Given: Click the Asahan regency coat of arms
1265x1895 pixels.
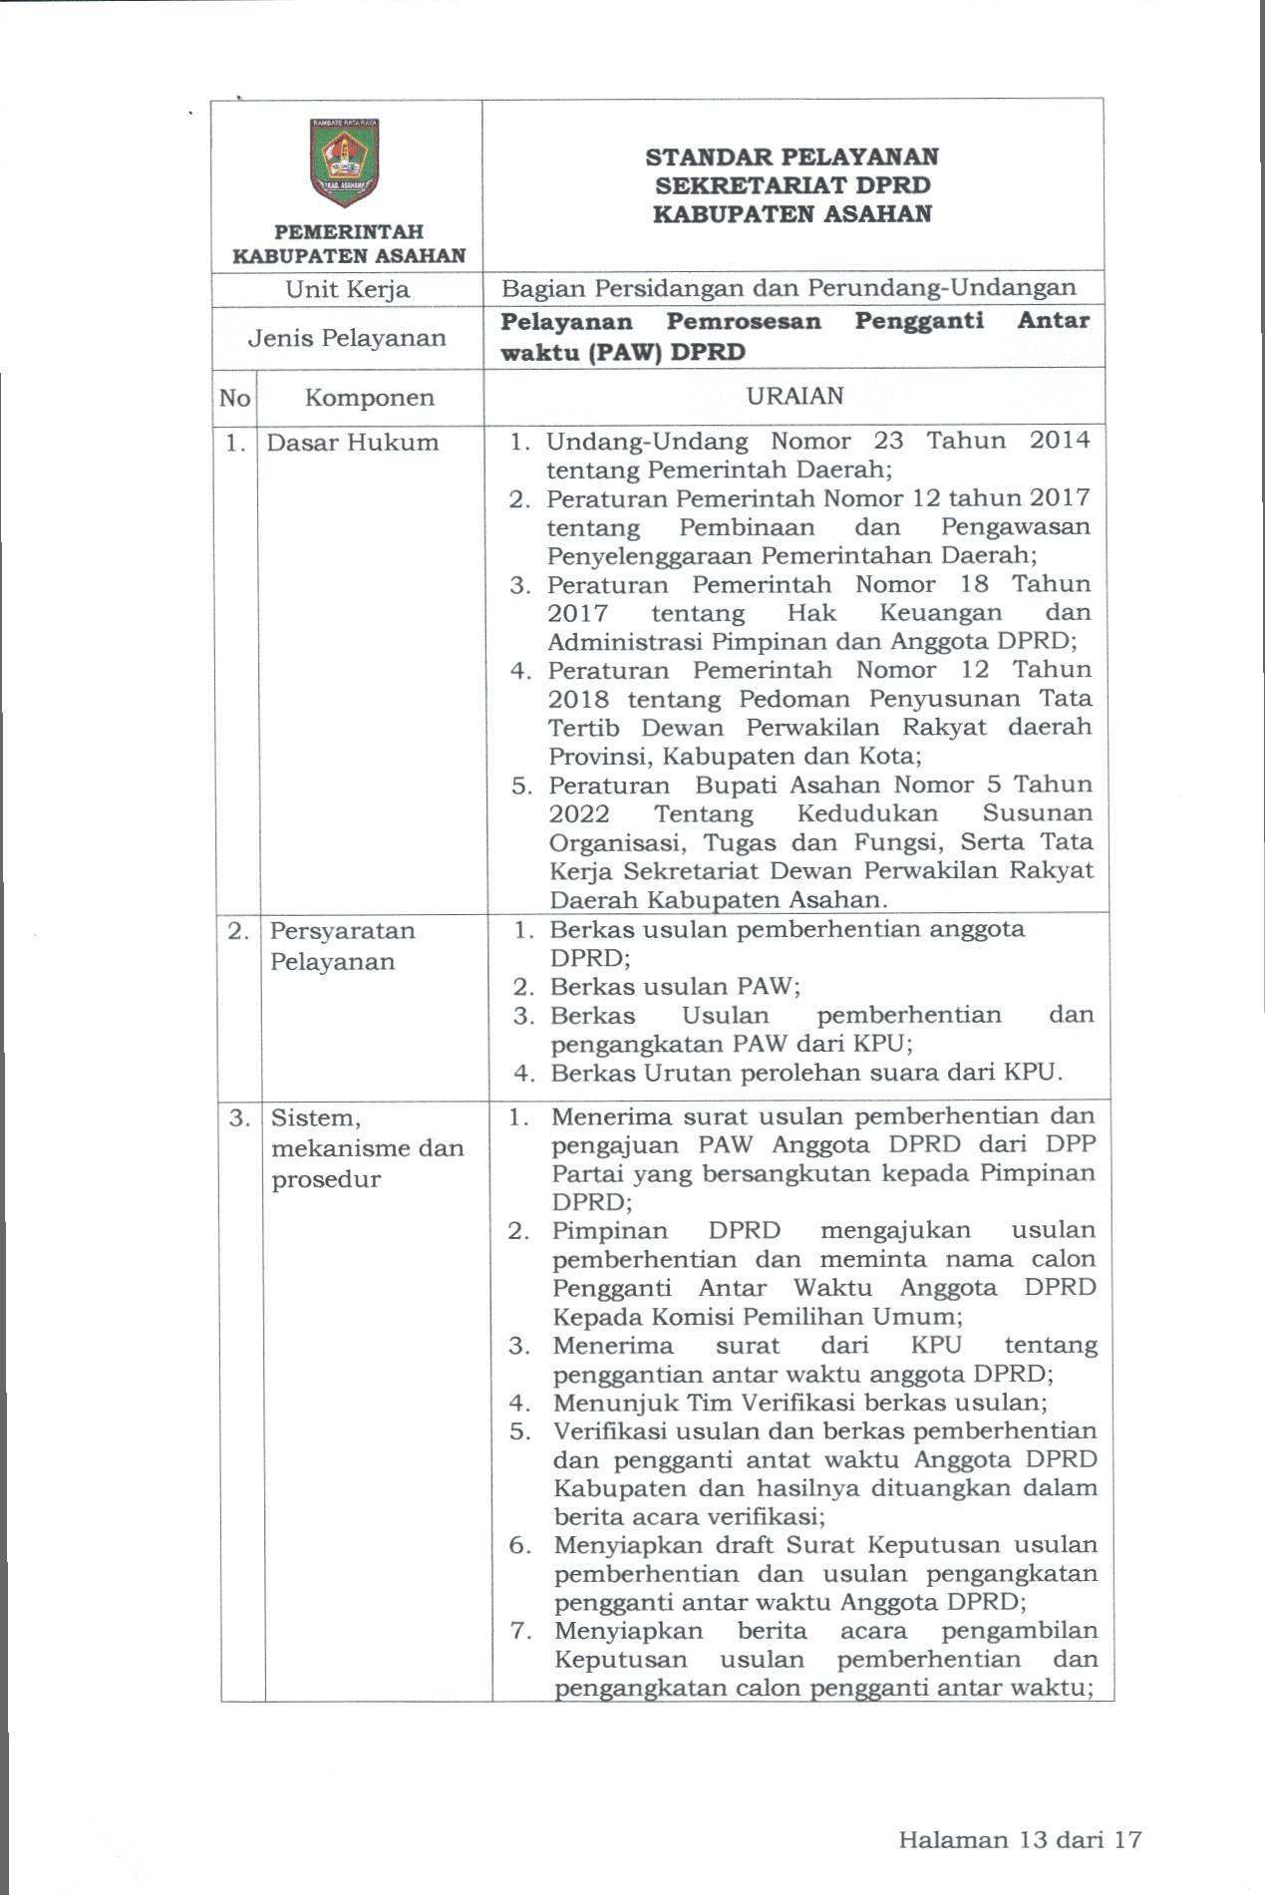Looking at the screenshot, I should coord(345,161).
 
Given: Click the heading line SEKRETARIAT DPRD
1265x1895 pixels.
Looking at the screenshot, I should coord(792,185).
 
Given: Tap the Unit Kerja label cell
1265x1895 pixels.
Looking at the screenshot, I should coord(347,289).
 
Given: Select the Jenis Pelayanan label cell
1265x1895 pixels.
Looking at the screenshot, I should coord(347,338).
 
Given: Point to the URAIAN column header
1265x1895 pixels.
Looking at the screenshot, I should coord(794,396).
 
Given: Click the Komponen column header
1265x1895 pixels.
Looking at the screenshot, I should coord(369,398).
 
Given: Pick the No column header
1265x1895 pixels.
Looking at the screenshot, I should coord(234,398).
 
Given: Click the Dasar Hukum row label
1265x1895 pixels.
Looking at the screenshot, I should coord(352,443).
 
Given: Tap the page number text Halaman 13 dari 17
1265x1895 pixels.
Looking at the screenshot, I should coord(1019,1839).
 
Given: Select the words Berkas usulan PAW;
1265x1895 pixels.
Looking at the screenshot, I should coord(676,987).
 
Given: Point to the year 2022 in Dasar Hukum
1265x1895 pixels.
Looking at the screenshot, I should coord(579,813).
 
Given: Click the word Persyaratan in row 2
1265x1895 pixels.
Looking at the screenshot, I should coord(342,931).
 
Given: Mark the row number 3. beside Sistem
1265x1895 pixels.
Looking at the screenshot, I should coord(239,1117).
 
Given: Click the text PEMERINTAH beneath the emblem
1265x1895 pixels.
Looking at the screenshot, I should coord(349,232).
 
